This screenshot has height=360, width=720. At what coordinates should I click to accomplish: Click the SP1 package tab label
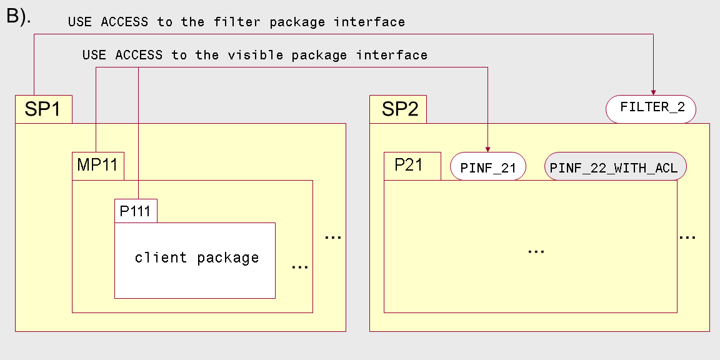pyautogui.click(x=42, y=109)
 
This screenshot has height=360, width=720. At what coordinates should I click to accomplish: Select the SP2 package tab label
pyautogui.click(x=400, y=109)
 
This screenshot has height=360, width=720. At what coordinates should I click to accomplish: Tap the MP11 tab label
pyautogui.click(x=97, y=164)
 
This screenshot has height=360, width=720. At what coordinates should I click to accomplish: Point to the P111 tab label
pyautogui.click(x=135, y=211)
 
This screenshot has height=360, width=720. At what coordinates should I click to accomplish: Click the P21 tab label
pyautogui.click(x=409, y=165)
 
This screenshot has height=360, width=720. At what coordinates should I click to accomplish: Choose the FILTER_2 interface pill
pyautogui.click(x=651, y=109)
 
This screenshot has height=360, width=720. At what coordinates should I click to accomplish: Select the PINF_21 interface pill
pyautogui.click(x=487, y=166)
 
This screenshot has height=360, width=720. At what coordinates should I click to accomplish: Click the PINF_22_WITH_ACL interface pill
pyautogui.click(x=615, y=166)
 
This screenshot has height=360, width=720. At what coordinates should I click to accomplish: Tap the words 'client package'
pyautogui.click(x=197, y=257)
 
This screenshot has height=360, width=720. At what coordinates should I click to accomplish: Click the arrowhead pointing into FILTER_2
pyautogui.click(x=653, y=92)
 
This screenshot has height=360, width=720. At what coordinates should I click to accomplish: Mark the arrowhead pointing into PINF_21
pyautogui.click(x=487, y=149)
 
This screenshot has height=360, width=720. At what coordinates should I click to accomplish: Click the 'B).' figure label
pyautogui.click(x=19, y=16)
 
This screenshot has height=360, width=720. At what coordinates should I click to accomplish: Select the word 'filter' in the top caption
pyautogui.click(x=236, y=22)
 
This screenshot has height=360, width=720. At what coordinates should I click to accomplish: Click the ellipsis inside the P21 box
pyautogui.click(x=536, y=252)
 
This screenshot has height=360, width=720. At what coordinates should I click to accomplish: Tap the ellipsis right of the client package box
pyautogui.click(x=300, y=267)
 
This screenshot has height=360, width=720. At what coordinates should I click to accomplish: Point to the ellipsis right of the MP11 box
pyautogui.click(x=333, y=237)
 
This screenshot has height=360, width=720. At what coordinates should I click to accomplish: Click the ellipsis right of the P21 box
pyautogui.click(x=687, y=237)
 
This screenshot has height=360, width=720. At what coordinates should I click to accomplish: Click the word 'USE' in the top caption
pyautogui.click(x=80, y=22)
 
